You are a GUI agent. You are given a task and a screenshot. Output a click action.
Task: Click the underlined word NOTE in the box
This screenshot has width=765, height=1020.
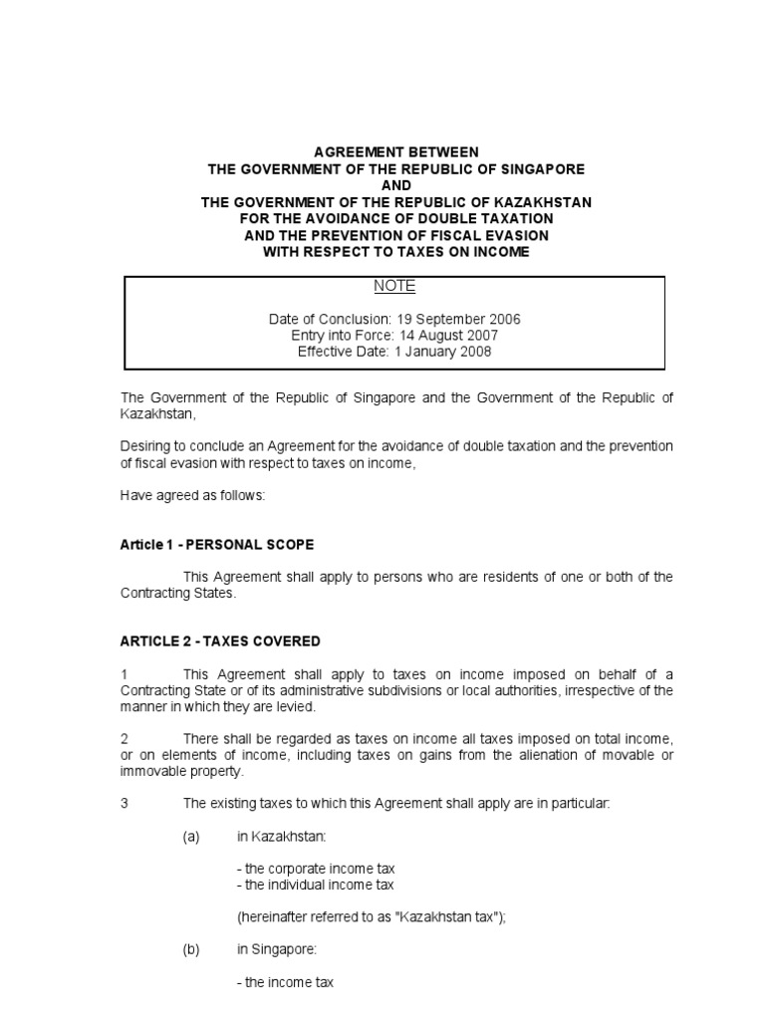pyautogui.click(x=394, y=287)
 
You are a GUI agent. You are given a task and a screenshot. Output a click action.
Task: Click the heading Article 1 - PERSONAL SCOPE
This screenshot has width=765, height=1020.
pyautogui.click(x=216, y=545)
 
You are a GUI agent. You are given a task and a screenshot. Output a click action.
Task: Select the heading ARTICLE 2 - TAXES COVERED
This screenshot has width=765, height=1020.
pyautogui.click(x=220, y=641)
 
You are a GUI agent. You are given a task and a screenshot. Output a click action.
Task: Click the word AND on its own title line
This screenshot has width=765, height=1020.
pyautogui.click(x=395, y=186)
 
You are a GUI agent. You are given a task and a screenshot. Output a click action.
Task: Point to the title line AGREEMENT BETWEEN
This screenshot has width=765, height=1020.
pyautogui.click(x=395, y=153)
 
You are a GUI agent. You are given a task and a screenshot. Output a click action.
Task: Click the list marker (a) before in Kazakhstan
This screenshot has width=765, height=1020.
pyautogui.click(x=191, y=837)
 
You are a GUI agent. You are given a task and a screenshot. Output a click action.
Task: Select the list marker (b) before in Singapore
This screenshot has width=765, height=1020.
pyautogui.click(x=191, y=950)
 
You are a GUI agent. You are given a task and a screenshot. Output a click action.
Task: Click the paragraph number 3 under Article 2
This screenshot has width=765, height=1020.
pyautogui.click(x=125, y=803)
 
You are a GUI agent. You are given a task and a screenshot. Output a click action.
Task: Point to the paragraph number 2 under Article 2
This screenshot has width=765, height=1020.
pyautogui.click(x=125, y=738)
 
